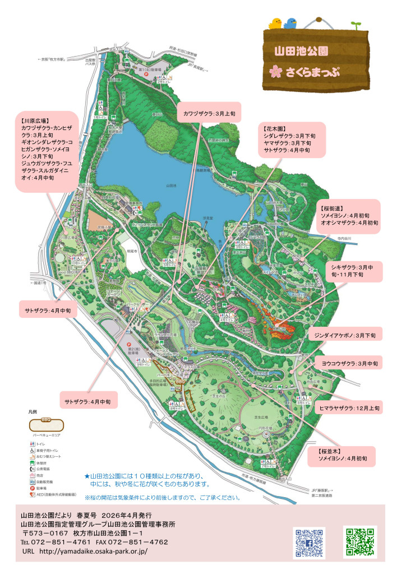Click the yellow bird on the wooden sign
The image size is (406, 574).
click(275, 23)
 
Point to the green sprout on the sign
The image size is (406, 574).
click(354, 26)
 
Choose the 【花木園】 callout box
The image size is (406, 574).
click(292, 140)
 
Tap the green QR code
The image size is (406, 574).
click(359, 542)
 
